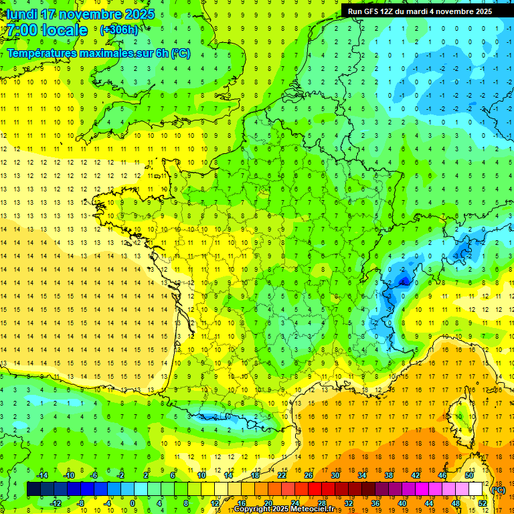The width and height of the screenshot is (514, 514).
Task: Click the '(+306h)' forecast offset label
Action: (x=119, y=30)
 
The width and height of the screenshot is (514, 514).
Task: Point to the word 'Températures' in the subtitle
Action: (x=40, y=53)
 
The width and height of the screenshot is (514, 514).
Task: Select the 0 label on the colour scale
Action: (x=133, y=503)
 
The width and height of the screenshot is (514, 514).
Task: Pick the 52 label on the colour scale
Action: (x=483, y=503)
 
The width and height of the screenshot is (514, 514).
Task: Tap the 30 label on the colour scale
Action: (x=335, y=475)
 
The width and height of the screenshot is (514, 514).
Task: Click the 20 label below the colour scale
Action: (x=268, y=503)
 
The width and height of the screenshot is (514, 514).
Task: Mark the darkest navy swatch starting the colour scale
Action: (x=33, y=489)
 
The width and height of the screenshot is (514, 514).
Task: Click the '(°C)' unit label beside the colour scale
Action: (x=498, y=489)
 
